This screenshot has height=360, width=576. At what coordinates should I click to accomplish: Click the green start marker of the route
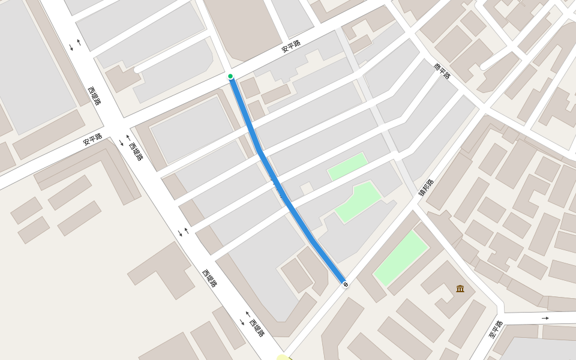(230, 76)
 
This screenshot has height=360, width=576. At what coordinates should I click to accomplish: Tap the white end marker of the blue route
(345, 284)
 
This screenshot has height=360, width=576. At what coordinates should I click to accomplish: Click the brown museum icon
(460, 289)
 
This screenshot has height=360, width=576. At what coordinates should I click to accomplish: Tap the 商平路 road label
(442, 71)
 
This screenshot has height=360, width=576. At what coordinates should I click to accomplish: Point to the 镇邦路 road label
(426, 187)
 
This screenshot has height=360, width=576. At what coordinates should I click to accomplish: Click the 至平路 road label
(496, 329)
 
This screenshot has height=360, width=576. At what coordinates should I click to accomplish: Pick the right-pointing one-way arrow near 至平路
(545, 317)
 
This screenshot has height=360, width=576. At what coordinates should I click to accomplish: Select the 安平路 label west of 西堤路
(92, 139)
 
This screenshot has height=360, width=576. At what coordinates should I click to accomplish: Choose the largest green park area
(401, 258)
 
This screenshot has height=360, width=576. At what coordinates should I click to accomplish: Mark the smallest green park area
(347, 166)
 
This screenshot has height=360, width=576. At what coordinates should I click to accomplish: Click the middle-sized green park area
(358, 201)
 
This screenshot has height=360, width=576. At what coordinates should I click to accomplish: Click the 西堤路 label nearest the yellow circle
(256, 328)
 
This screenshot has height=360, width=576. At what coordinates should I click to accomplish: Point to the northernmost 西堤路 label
(94, 95)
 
